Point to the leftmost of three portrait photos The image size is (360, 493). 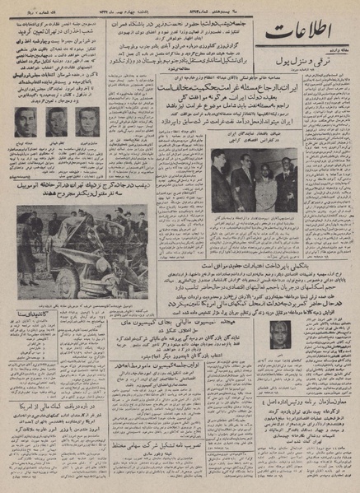26,123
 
